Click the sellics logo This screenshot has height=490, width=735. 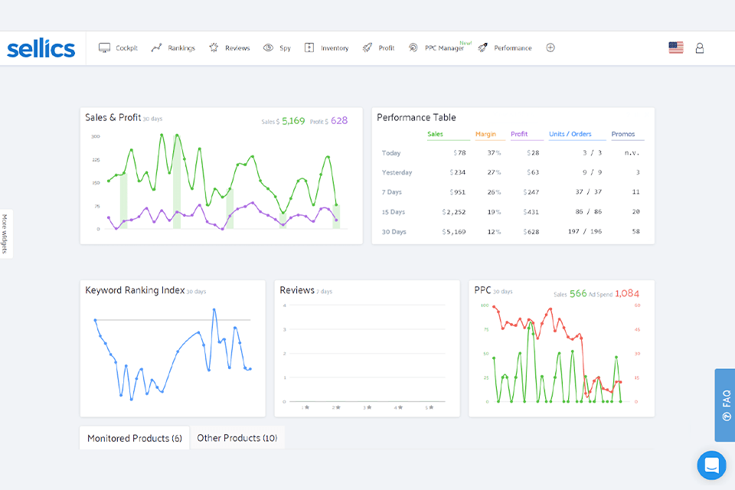tap(41, 48)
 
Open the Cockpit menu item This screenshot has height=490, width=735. tap(119, 48)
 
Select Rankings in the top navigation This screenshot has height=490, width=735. tap(173, 48)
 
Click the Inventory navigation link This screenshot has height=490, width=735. tap(327, 48)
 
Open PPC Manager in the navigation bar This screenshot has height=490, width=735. tap(437, 48)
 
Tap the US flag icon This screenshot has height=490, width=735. tap(675, 47)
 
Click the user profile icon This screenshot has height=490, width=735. tap(699, 48)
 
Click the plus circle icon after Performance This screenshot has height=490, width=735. tap(550, 47)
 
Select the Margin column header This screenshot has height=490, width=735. tap(485, 134)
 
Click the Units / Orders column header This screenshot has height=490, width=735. tap(570, 134)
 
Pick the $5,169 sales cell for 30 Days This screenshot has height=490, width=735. tap(453, 232)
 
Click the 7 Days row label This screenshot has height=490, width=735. tap(392, 192)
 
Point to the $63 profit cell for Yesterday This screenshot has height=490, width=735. tap(532, 172)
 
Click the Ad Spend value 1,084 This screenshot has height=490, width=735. tap(626, 293)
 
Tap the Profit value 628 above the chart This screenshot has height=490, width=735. tap(338, 120)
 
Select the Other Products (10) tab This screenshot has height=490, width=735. tap(237, 438)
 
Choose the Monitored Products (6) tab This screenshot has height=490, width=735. tap(135, 439)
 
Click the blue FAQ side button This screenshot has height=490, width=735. tap(725, 405)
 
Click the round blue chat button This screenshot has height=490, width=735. tap(711, 465)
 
